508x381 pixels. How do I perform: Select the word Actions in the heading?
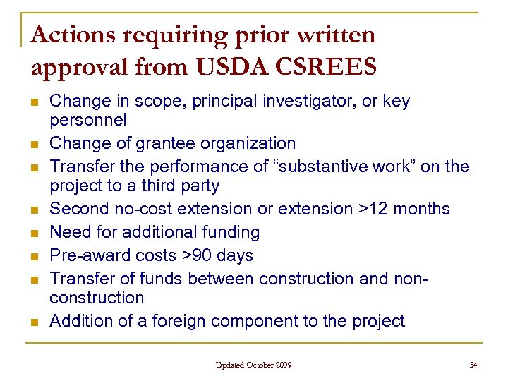coord(75,35)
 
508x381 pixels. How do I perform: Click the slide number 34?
coord(473,365)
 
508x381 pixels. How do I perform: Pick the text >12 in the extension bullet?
coord(373,209)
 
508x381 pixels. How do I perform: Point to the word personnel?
coord(87,120)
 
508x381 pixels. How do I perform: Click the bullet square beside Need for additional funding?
coord(34,233)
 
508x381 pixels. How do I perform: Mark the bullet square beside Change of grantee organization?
coord(34,144)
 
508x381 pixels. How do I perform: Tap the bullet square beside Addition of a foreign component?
coord(34,322)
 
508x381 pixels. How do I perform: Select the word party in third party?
coord(198,186)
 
